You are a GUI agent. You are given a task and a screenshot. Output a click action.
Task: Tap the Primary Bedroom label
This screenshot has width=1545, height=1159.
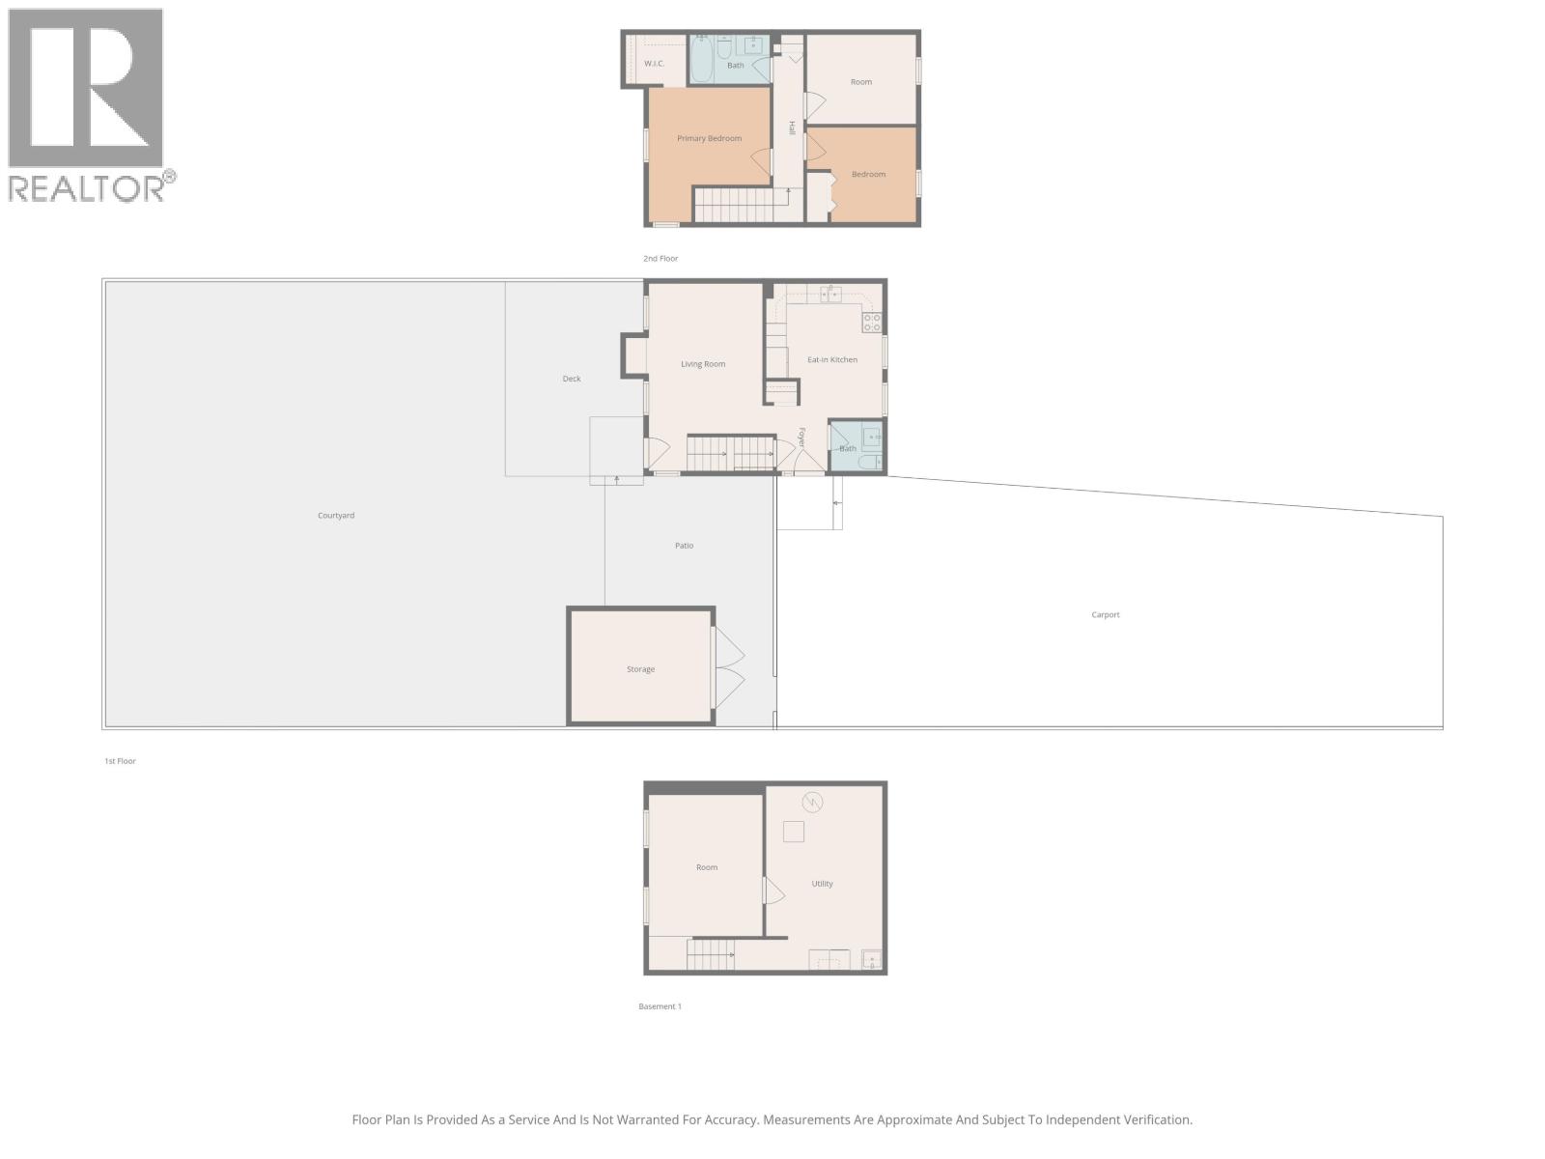709,138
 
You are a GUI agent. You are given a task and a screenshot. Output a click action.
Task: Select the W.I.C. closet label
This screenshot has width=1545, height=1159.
654,64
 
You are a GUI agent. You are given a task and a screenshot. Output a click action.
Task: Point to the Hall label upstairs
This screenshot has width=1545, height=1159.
792,127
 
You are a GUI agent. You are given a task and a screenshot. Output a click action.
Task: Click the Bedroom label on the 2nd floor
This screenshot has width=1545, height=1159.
868,175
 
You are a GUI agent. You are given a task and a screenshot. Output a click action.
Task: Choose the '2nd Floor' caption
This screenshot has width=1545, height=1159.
660,259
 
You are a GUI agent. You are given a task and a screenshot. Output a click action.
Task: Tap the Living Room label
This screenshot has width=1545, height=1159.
702,364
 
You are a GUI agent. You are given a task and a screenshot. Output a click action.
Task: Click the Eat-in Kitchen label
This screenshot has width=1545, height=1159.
831,359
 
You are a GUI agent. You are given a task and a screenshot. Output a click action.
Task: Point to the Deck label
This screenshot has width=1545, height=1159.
572,379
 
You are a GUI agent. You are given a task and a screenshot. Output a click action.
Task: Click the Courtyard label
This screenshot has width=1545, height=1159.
336,516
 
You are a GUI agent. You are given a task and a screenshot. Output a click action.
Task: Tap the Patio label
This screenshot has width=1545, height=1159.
684,546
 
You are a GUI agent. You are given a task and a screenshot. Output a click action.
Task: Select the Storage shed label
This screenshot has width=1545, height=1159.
640,669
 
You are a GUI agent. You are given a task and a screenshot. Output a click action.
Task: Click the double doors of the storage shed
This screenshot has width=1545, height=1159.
729,667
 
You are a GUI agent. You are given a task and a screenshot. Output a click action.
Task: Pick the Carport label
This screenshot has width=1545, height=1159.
1106,614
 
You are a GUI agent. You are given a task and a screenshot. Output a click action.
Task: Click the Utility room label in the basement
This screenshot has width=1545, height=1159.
822,884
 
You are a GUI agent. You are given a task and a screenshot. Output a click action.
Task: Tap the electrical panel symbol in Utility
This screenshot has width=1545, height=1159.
812,802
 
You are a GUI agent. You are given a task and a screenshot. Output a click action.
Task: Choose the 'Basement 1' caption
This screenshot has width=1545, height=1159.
660,1006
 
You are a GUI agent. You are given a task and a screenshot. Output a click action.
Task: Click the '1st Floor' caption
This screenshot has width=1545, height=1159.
120,761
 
